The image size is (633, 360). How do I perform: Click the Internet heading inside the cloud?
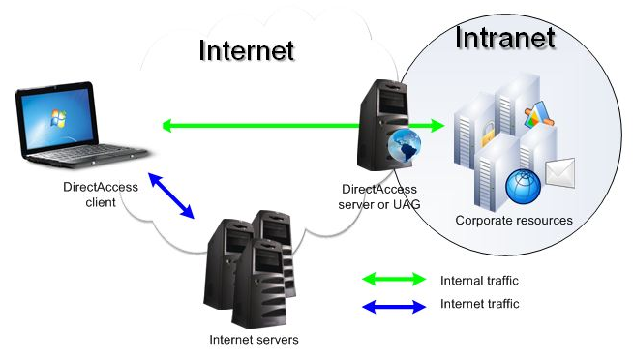(x=246, y=49)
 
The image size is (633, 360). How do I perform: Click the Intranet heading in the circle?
(x=504, y=38)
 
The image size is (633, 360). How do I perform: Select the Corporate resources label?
(x=514, y=221)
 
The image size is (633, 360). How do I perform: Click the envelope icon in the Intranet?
(x=560, y=173)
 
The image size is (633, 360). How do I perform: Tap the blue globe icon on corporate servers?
(x=523, y=184)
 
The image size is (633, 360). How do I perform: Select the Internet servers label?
(x=254, y=340)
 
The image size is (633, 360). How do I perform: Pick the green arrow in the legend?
(x=393, y=280)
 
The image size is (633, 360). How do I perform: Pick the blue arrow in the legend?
(x=393, y=306)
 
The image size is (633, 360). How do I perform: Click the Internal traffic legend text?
(x=479, y=281)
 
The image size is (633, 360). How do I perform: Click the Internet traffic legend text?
(x=479, y=305)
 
